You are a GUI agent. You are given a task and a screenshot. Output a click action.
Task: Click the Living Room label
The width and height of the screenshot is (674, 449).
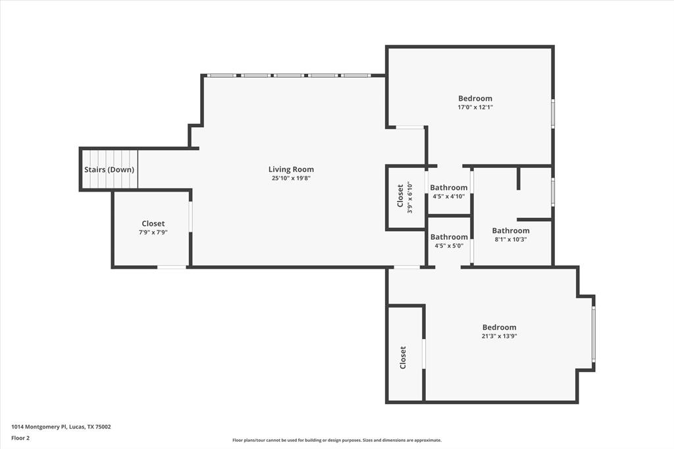coord(291,169)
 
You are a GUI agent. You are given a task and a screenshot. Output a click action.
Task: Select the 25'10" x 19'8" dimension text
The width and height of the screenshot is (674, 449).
coord(291,178)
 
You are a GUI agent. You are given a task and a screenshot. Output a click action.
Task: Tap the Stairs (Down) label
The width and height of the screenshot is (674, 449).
coord(109,169)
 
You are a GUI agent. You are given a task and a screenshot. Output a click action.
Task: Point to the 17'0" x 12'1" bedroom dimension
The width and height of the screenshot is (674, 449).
coord(475,107)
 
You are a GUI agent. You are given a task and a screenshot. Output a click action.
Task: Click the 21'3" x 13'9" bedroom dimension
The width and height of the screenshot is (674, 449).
coord(499,336)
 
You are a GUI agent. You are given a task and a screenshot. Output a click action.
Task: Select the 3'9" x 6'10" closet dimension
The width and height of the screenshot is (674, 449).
coord(409,198)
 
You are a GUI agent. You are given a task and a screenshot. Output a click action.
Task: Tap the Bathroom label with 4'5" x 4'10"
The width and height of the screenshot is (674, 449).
coord(449,188)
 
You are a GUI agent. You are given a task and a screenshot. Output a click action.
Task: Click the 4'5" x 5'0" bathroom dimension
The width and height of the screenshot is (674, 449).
coord(449,246)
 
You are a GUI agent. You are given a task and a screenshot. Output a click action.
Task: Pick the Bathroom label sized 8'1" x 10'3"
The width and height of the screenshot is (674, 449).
coord(511,230)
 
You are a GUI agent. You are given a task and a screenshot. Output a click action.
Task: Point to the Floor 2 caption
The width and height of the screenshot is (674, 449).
coord(20,438)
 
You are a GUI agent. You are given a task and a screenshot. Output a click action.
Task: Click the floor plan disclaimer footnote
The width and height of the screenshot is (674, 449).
coord(336,440)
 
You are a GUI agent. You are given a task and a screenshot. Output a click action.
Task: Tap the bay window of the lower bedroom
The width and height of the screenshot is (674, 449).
coord(593,334)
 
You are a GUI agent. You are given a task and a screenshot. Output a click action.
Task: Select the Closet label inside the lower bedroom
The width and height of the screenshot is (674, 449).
coord(403,357)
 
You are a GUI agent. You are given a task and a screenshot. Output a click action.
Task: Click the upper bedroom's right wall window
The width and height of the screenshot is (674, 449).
coord(553,113)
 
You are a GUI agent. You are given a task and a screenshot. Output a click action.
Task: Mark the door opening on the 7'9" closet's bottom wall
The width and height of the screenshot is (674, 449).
coord(171,267)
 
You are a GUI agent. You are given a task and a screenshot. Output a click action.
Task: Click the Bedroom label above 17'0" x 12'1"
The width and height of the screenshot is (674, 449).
coord(475,98)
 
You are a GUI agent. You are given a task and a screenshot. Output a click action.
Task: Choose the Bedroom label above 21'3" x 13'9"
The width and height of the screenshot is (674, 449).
coord(499,327)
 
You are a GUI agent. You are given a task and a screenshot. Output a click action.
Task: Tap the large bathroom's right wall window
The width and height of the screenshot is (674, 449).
coord(553,192)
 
